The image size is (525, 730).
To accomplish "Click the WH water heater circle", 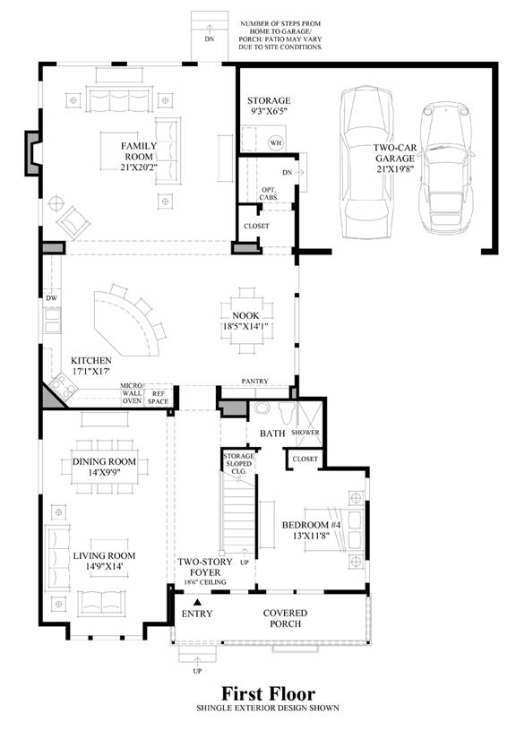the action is point(276,142).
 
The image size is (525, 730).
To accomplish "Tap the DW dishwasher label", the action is point(51,298).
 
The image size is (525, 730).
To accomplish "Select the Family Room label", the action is point(139,150).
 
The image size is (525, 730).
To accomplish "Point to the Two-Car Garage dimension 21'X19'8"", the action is point(395,169).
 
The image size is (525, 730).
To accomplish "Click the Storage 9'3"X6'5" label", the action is point(268,106).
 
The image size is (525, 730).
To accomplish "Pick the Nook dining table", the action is point(246,322).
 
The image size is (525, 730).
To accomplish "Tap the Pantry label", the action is point(254,381).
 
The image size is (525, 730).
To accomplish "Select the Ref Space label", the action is point(158,398).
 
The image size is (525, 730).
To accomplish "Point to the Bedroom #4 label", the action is point(311,525).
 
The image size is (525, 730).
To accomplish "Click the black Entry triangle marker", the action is point(197,602).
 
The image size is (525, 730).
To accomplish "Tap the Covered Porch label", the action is point(285,618).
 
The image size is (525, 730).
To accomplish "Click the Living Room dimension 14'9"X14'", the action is point(104,567).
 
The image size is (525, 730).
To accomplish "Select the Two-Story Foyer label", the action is point(205,567).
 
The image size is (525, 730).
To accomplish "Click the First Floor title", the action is point(268,693).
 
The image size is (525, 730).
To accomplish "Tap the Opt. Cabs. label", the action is point(269,193).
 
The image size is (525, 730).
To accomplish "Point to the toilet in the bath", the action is point(286,413).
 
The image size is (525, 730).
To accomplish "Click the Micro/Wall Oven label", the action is point(132,393).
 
